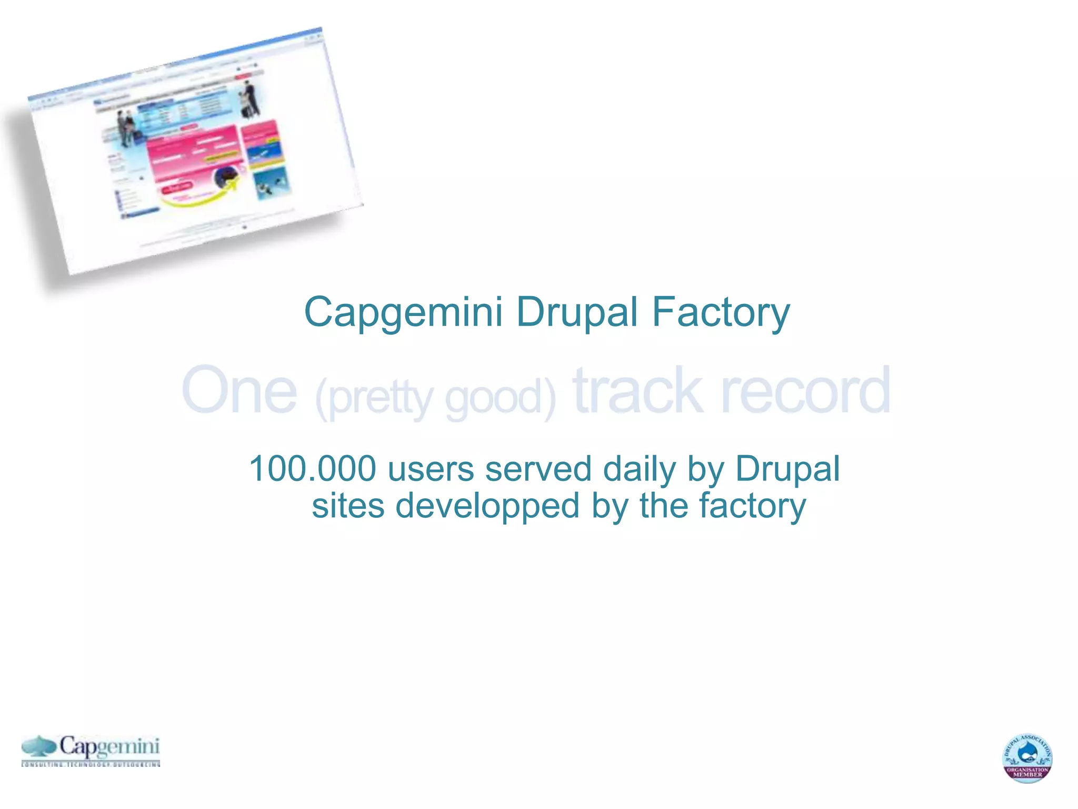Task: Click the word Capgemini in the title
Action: [x=403, y=312]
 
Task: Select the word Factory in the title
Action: [x=721, y=312]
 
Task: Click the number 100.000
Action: [x=313, y=469]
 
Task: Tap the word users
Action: [x=431, y=469]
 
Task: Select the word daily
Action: [x=639, y=469]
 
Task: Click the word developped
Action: [x=487, y=506]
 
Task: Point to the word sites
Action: [x=348, y=506]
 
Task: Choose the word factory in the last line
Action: [x=752, y=506]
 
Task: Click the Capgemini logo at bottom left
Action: [x=91, y=750]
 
